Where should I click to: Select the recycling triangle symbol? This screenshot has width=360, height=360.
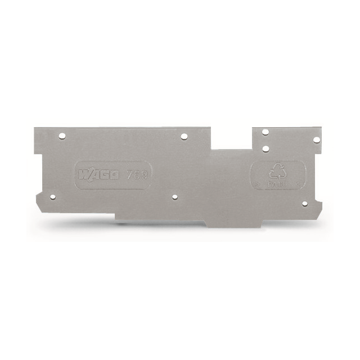[x=277, y=171]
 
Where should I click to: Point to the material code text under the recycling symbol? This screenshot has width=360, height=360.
[x=277, y=183]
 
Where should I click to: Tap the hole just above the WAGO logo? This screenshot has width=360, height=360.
[x=63, y=136]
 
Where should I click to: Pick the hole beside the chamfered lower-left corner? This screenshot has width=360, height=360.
[x=52, y=197]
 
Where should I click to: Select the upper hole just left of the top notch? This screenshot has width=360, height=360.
[x=183, y=136]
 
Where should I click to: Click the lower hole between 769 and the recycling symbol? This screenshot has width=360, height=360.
[x=174, y=197]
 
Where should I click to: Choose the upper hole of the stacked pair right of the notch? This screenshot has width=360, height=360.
[x=265, y=132]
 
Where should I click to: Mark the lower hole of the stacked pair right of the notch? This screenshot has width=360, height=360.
[x=265, y=148]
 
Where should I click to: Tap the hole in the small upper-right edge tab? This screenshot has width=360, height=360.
[x=316, y=139]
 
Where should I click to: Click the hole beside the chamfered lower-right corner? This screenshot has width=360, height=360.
[x=304, y=203]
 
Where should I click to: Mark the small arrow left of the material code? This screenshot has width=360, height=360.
[x=257, y=183]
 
